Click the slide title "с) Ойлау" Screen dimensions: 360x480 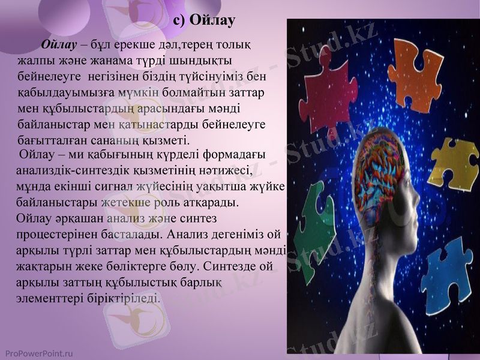click(204, 20)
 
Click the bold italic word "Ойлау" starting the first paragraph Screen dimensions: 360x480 click(59, 46)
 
